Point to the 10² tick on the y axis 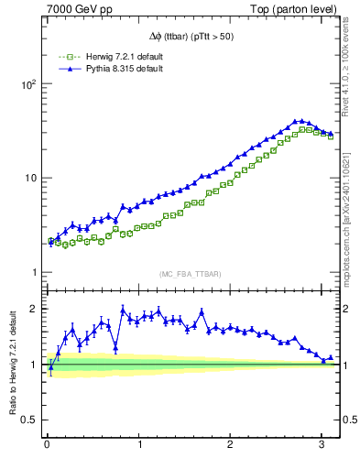(x=27, y=83)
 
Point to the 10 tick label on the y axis (x=29, y=178)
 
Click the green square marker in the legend (x=62, y=57)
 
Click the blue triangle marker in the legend (x=62, y=69)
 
